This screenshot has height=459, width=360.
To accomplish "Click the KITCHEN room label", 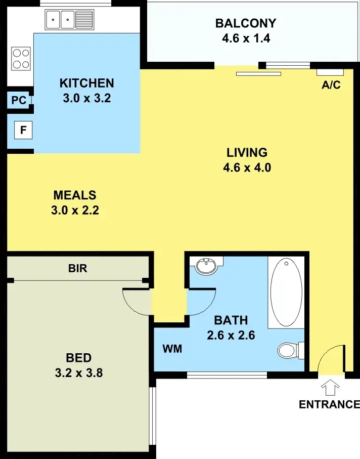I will point(86,83).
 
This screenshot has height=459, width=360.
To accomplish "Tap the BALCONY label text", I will point(246,23).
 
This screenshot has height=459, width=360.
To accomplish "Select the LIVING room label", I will point(246,152).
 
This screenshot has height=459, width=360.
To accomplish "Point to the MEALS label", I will point(75,195).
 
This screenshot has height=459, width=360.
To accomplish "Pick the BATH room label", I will point(231,320).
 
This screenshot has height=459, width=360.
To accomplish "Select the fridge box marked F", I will point(23,131).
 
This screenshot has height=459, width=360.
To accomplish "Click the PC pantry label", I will point(19,101).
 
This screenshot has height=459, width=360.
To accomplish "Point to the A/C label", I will point(331,85).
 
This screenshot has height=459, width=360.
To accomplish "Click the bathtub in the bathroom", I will point(286,292).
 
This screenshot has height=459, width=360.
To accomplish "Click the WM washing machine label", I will point(172,349).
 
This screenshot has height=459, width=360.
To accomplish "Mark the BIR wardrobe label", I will point(78,269).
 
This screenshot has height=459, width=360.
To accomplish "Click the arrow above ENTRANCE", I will point(331,388).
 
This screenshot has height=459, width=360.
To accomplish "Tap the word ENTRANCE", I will point(329,404).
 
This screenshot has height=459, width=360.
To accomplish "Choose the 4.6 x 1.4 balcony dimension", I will point(246,38).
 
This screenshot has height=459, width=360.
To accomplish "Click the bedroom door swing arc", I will point(136,303).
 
